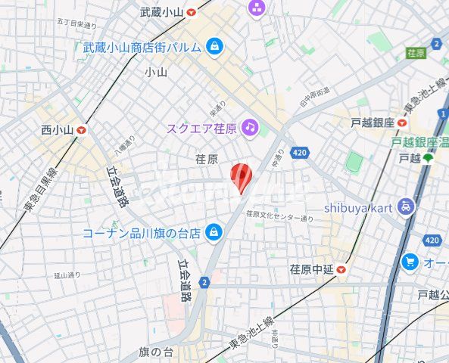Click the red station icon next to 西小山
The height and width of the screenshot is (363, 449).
pyautogui.click(x=81, y=130)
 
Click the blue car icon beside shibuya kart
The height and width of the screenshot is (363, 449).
pyautogui.click(x=407, y=206)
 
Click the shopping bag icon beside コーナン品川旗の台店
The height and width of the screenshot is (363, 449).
pyautogui.click(x=214, y=231)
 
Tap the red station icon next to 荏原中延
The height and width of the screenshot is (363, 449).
pyautogui.click(x=342, y=268)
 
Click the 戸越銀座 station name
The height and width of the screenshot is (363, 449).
pyautogui.click(x=373, y=123)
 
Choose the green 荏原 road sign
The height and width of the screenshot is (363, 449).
pyautogui.click(x=416, y=53)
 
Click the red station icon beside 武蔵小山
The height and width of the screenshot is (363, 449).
pyautogui.click(x=191, y=12)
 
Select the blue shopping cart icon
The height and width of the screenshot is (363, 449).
pyautogui.click(x=410, y=262)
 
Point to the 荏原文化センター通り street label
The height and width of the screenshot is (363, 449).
pyautogui.click(x=279, y=217)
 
